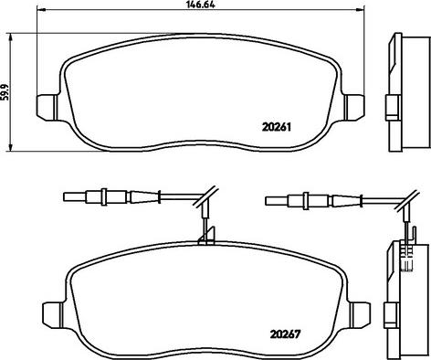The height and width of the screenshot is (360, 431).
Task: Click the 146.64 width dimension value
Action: click(x=200, y=5)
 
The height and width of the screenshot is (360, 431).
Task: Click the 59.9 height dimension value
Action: click(x=5, y=92)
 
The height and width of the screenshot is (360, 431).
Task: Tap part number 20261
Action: click(x=277, y=127)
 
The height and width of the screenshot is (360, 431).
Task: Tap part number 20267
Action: click(x=285, y=334)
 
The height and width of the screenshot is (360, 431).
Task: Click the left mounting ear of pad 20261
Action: click(x=47, y=107)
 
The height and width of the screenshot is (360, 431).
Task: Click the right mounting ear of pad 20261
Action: click(x=354, y=107)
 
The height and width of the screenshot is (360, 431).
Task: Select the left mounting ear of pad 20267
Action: click(x=53, y=313)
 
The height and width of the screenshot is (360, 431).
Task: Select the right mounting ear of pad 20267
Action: click(x=360, y=313)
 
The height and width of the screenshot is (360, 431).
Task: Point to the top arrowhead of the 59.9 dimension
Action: click(x=11, y=37)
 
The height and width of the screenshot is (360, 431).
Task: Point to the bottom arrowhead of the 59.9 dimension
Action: click(x=11, y=146)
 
